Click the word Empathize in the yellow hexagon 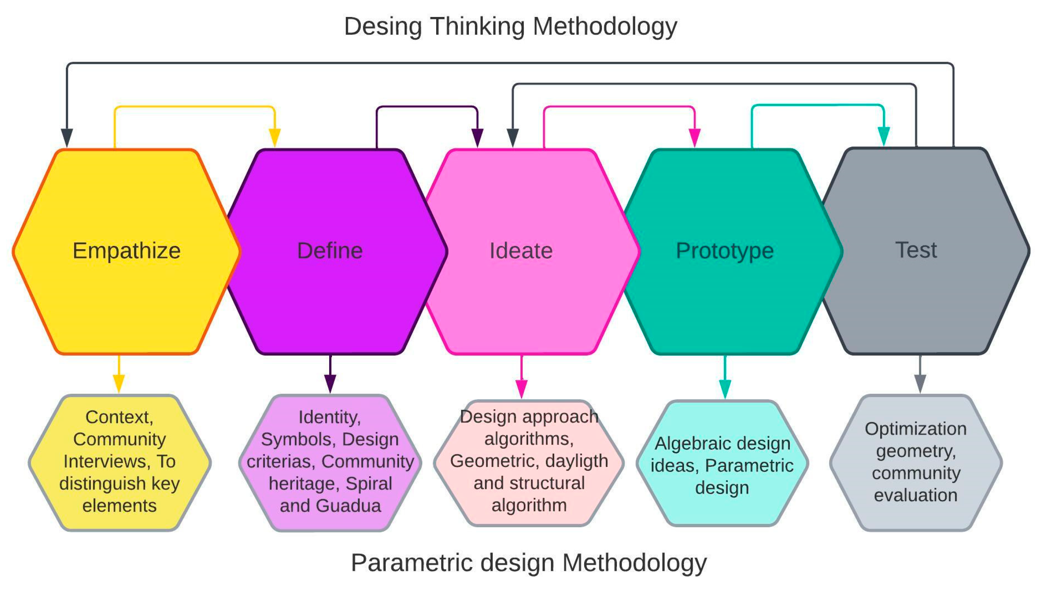pyautogui.click(x=126, y=251)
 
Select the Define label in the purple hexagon pyautogui.click(x=330, y=251)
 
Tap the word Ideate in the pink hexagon pyautogui.click(x=521, y=251)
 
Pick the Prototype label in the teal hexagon pyautogui.click(x=725, y=251)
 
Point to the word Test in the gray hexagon pyautogui.click(x=916, y=249)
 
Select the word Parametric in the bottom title pyautogui.click(x=412, y=562)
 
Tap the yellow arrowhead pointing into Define pyautogui.click(x=275, y=137)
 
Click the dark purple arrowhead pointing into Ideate pyautogui.click(x=478, y=137)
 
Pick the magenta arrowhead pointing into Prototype pyautogui.click(x=695, y=137)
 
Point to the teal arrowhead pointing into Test pyautogui.click(x=883, y=136)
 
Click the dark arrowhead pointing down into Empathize pyautogui.click(x=67, y=137)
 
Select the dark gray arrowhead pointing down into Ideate pyautogui.click(x=513, y=137)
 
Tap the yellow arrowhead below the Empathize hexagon pyautogui.click(x=119, y=383)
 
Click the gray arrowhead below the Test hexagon pyautogui.click(x=920, y=383)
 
